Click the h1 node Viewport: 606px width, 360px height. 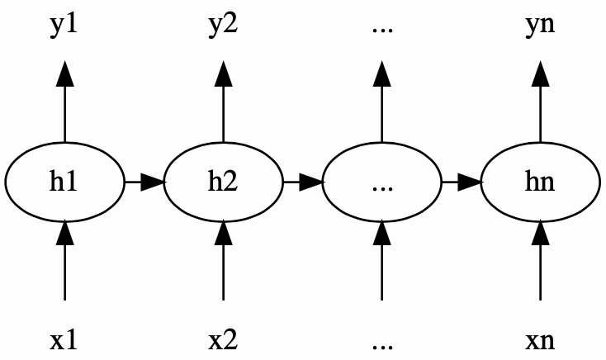64,182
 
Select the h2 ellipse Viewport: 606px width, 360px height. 224,182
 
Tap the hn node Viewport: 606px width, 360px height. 540,182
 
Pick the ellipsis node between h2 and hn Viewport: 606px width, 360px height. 381,182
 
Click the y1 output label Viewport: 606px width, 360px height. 64,26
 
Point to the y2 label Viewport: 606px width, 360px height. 223,26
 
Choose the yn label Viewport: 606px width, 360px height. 540,26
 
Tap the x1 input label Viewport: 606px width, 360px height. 64,340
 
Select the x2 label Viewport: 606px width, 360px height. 223,340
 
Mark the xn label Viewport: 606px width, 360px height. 540,341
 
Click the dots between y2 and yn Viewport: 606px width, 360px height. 382,31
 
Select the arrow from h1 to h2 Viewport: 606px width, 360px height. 145,182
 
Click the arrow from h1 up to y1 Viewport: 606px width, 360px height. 64,102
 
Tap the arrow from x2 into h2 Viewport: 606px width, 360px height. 224,260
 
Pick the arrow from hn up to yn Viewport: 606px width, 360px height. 540,102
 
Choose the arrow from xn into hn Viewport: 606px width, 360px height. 540,260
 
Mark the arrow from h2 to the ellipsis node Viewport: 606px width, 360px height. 304,182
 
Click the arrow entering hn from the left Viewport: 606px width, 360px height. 462,182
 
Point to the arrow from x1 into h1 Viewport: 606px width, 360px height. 64,260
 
